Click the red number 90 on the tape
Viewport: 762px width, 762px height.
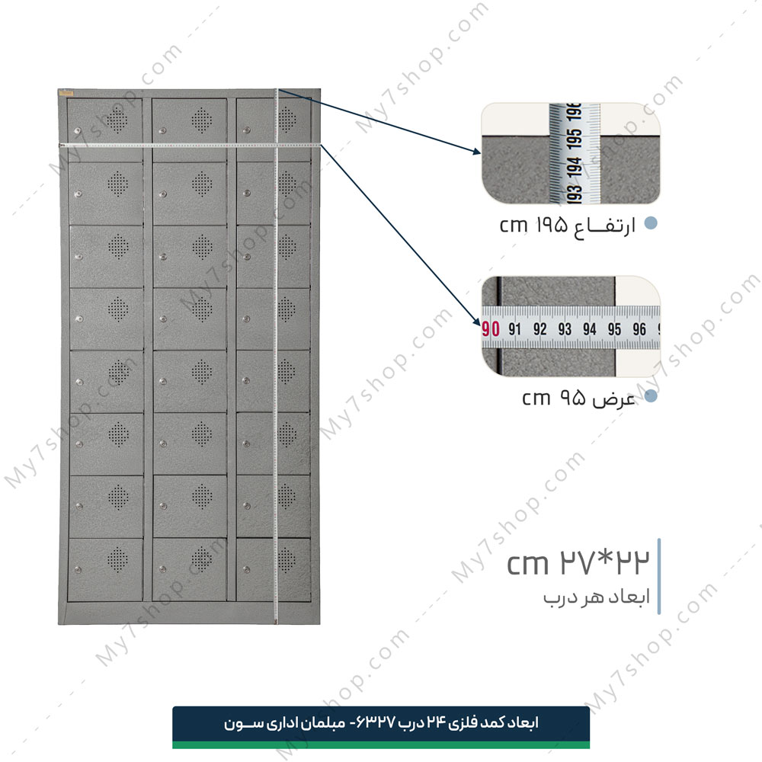(x=491, y=329)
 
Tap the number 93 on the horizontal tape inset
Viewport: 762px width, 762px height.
(x=565, y=329)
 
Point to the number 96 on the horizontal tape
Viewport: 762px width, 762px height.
(x=639, y=329)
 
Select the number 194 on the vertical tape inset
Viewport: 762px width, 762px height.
(x=575, y=167)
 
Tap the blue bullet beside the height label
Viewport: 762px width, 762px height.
(x=651, y=223)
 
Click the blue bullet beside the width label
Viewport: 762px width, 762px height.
(x=651, y=396)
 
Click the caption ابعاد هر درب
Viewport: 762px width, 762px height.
(x=597, y=597)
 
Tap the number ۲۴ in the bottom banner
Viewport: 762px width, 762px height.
(x=437, y=723)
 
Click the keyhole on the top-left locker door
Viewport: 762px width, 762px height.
(x=78, y=130)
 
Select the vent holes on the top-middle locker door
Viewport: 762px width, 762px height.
(x=202, y=120)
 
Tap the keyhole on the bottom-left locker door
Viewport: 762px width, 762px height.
(x=78, y=569)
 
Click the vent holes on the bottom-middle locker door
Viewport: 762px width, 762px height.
(x=202, y=559)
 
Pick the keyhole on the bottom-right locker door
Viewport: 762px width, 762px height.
(x=246, y=569)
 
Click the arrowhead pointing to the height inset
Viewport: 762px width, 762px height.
(x=477, y=151)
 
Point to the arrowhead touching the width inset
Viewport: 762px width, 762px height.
(x=477, y=321)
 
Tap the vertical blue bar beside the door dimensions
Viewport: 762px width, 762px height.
(x=659, y=576)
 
